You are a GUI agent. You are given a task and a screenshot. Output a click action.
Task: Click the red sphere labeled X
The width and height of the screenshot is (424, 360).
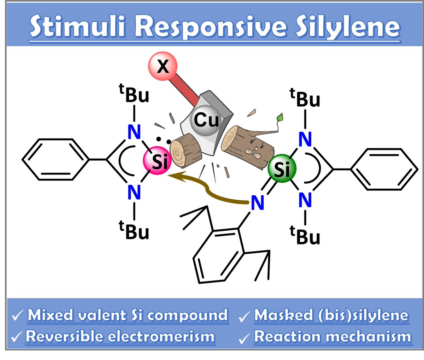click(x=163, y=66)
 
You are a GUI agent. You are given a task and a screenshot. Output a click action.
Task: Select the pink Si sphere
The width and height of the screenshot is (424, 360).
click(x=158, y=161)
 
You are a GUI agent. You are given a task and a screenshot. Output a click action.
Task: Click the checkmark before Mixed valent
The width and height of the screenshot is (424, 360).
click(x=18, y=315)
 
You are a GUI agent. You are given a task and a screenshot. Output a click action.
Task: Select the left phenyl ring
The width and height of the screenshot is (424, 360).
click(x=55, y=160)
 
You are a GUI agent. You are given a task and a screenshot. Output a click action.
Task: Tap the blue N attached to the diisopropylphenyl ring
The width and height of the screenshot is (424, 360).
click(x=257, y=203)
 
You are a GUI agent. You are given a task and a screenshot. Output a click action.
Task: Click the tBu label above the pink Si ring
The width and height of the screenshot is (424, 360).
click(x=134, y=95)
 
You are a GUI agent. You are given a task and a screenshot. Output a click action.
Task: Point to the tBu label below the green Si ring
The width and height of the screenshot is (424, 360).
click(x=305, y=236)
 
